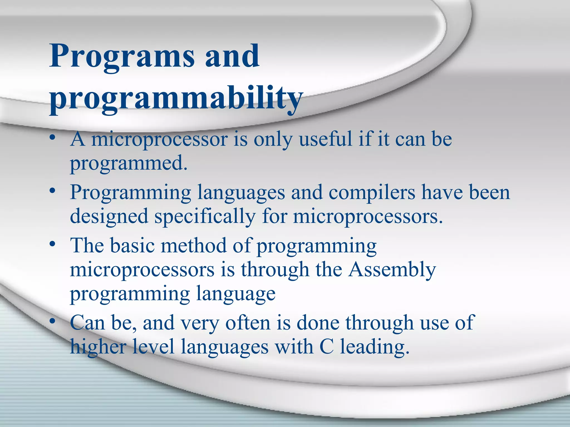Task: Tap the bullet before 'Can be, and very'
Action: [52, 322]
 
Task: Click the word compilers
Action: [372, 192]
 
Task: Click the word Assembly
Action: [392, 270]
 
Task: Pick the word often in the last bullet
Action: [248, 323]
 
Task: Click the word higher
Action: [98, 347]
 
